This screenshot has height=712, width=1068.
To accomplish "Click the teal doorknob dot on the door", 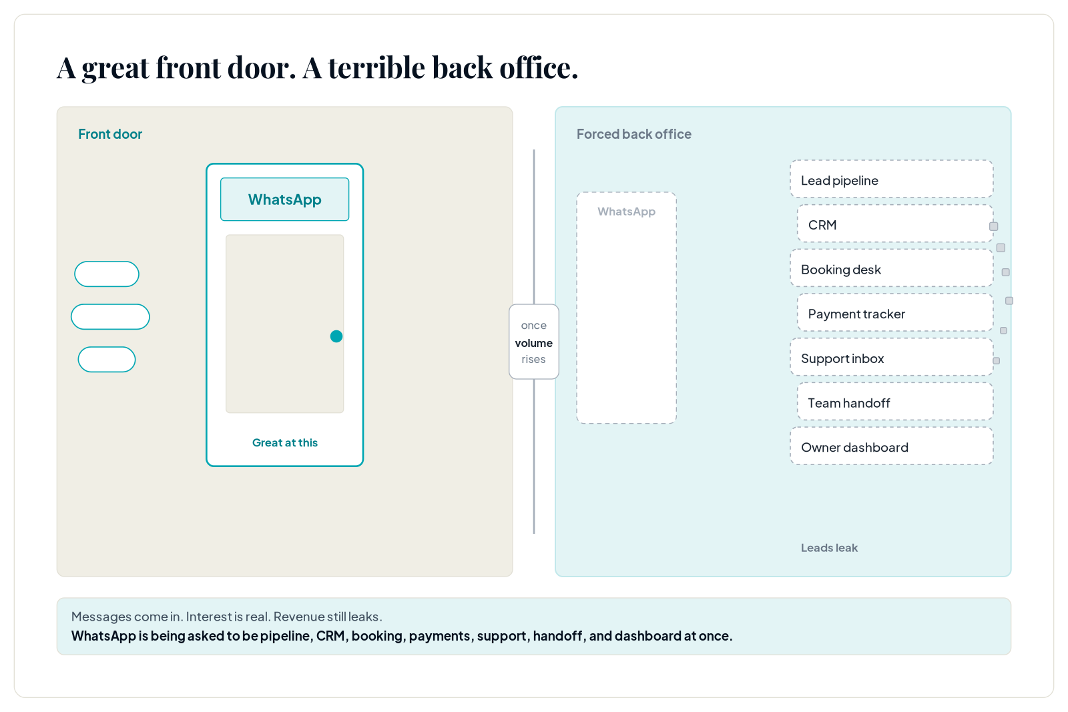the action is (x=336, y=336).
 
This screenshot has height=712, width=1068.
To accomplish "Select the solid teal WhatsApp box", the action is (x=284, y=200).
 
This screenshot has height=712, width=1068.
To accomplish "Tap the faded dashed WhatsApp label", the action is (x=627, y=212).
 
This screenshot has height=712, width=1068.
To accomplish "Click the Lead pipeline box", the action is (x=892, y=180).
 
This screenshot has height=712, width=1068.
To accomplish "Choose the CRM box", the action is (x=895, y=224).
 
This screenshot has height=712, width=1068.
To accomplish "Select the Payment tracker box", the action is (x=895, y=313).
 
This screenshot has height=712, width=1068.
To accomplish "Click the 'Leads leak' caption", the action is (x=829, y=548).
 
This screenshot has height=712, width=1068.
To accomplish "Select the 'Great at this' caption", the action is (x=284, y=442).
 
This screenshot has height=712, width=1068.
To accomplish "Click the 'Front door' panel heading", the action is (x=110, y=134).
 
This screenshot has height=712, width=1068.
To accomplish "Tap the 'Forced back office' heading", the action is (x=633, y=134).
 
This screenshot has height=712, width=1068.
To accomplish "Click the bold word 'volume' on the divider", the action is (x=533, y=343).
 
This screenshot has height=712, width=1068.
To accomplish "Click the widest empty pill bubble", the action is (x=110, y=317).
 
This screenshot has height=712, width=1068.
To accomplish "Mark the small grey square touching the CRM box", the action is (x=994, y=226).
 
